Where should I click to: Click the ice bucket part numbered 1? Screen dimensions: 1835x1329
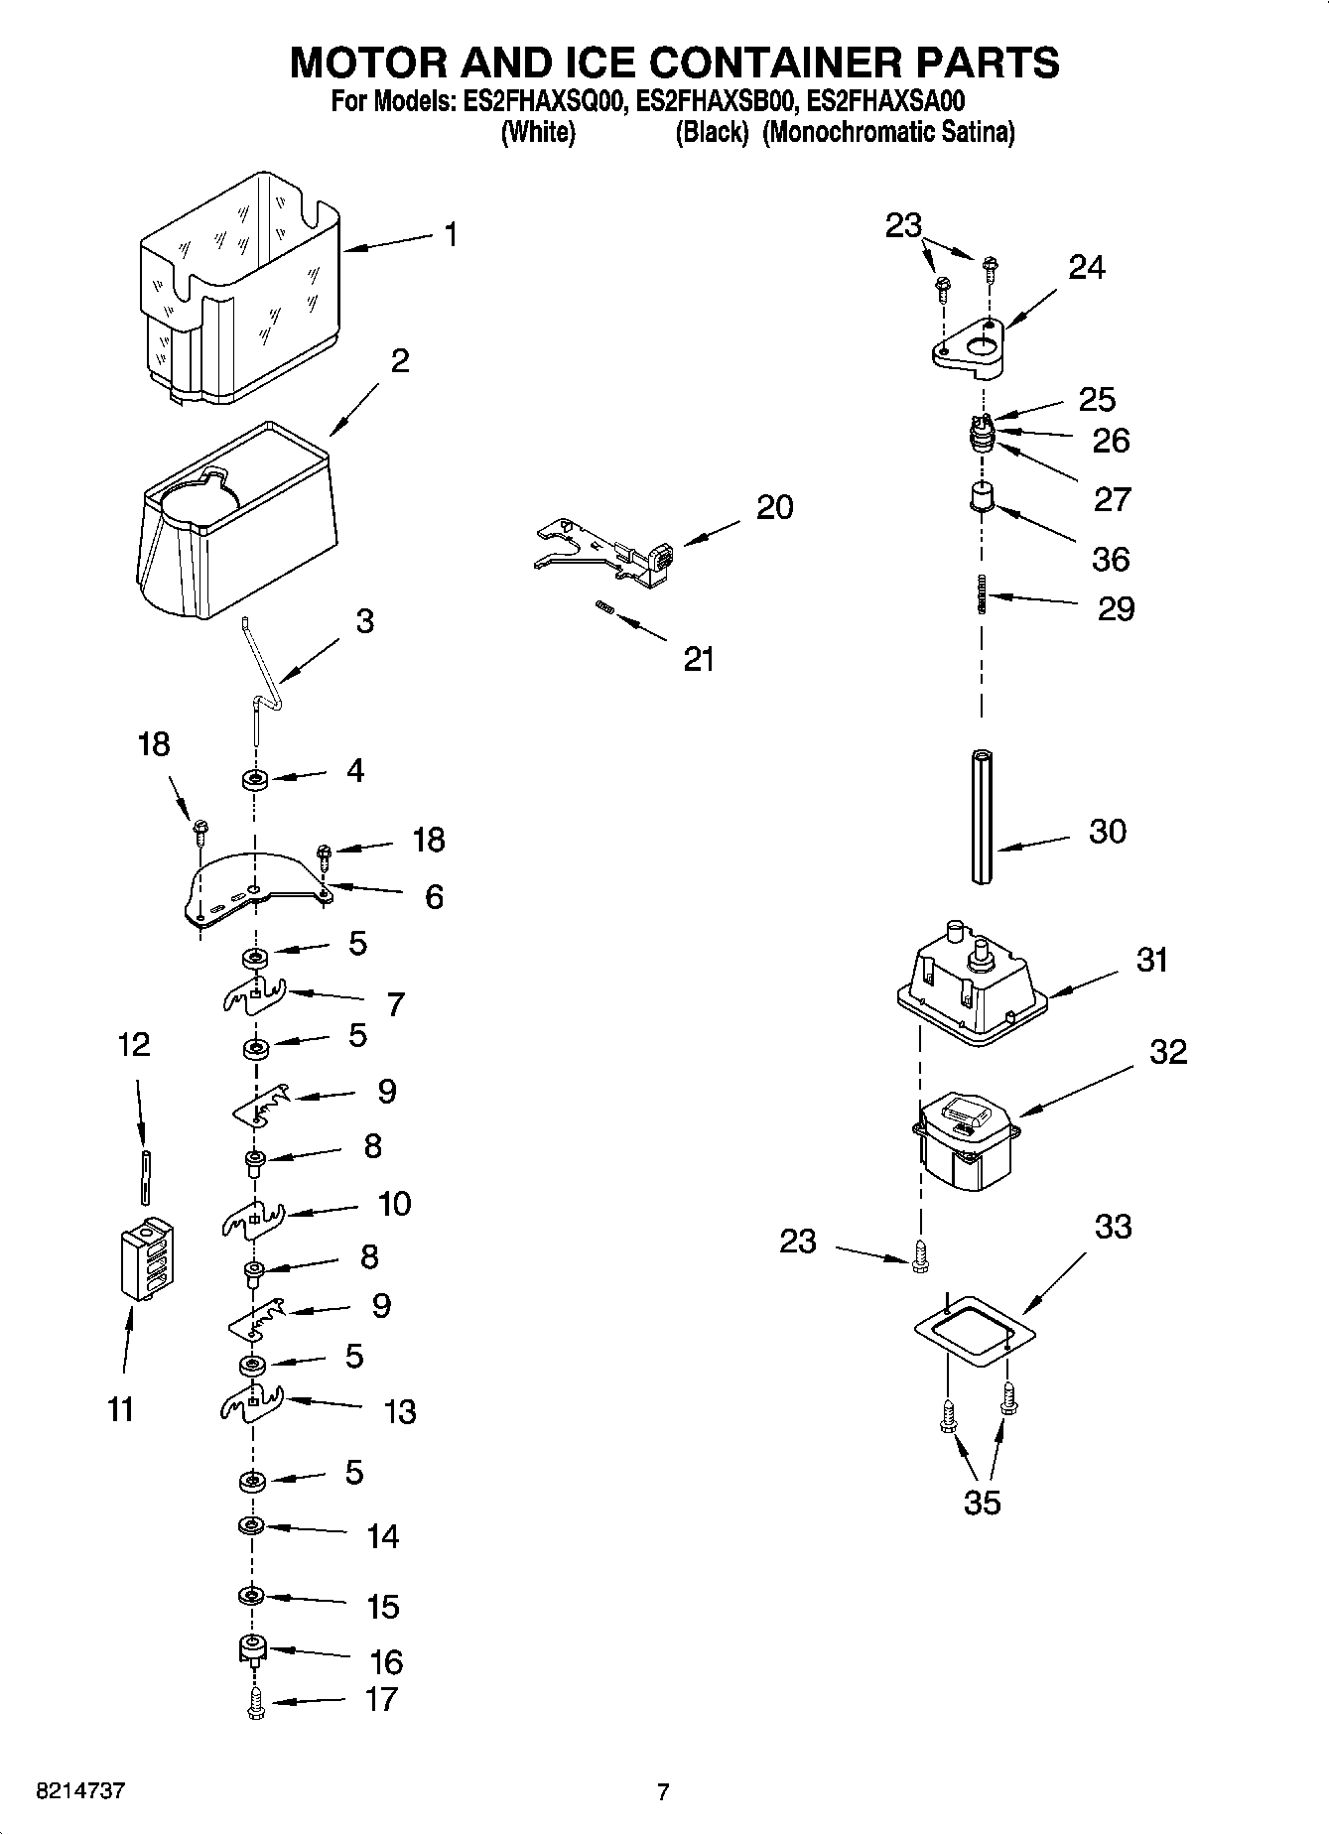point(238,288)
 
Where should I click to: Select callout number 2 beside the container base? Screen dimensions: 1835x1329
point(399,360)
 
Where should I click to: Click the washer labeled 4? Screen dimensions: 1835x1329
point(255,779)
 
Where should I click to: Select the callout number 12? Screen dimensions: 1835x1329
point(134,1044)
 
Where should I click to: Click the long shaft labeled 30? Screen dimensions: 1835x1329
point(982,816)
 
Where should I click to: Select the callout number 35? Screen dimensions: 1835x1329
point(982,1502)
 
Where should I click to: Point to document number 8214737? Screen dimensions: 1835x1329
point(80,1791)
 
